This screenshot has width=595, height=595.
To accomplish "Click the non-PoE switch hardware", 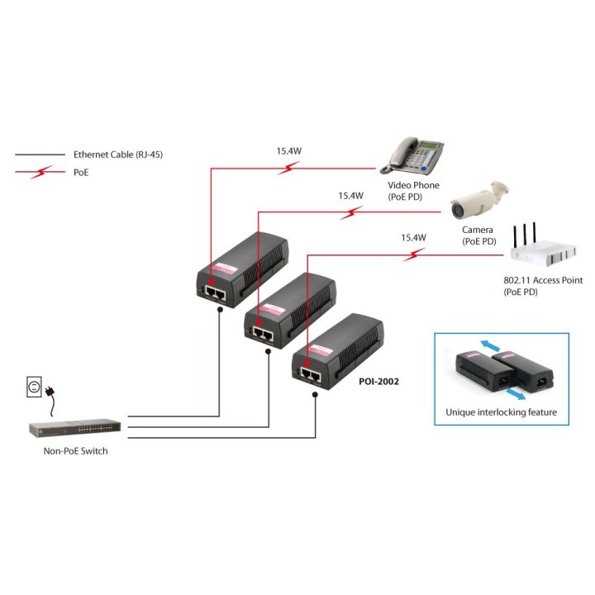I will click(x=75, y=430).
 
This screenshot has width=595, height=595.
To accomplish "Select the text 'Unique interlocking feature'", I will click(x=501, y=412).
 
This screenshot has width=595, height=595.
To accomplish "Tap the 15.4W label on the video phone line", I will click(x=288, y=151).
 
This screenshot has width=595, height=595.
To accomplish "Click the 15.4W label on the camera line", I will click(x=350, y=196).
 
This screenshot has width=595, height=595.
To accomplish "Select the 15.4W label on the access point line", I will click(x=413, y=237).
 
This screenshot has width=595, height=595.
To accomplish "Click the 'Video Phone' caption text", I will click(x=413, y=185).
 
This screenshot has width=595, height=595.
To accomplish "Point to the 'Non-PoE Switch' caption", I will click(x=75, y=451).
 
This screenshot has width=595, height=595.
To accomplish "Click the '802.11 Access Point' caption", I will click(x=543, y=280).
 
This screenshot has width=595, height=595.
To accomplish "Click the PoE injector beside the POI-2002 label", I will click(x=335, y=351).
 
